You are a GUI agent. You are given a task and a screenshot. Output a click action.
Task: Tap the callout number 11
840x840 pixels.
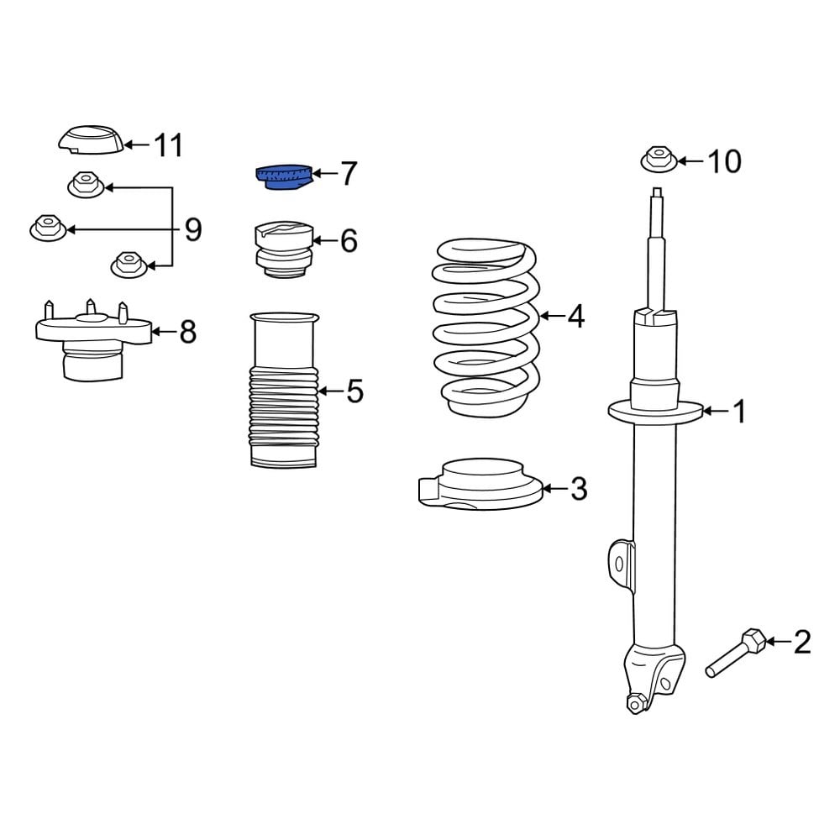pos(167,145)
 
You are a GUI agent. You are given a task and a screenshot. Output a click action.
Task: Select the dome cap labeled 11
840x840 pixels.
pos(91,140)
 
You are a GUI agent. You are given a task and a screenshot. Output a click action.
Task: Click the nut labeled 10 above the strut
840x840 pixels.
pos(659,160)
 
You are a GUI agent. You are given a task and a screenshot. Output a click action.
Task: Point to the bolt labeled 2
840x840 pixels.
pos(736,654)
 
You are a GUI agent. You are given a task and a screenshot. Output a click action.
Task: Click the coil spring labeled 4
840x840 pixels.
pos(486,328)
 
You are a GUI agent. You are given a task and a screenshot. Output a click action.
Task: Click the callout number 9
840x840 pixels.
pos(193,229)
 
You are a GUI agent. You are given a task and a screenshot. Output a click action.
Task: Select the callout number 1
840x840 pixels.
pos(738,412)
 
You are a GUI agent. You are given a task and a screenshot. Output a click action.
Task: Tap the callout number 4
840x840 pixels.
pos(575,317)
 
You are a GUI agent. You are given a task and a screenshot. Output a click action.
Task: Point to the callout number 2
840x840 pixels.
pos(802,643)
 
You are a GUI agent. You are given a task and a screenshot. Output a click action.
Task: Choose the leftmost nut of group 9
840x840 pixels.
pos(48,228)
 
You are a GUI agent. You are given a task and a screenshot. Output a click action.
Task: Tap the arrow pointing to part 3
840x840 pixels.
pos(554,488)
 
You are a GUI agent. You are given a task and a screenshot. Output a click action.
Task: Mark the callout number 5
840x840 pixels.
pos(354,391)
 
